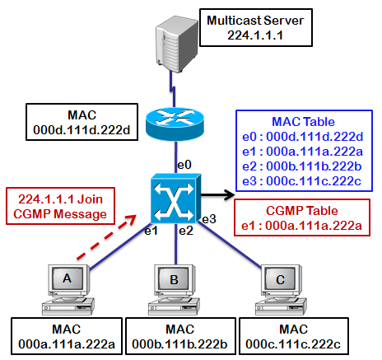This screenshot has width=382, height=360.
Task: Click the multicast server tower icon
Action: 177,44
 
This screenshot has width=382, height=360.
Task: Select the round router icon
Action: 175,123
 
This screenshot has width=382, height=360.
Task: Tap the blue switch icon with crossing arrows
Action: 176,198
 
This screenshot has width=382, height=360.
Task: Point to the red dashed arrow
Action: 106,236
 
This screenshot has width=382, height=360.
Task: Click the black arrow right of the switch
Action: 218,195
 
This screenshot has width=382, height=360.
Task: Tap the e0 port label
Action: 184,165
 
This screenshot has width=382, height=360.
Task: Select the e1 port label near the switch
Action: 151,231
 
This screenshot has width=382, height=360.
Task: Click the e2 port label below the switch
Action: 186,231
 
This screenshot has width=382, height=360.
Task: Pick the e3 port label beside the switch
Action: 209,219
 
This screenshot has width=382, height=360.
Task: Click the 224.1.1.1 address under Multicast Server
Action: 255,35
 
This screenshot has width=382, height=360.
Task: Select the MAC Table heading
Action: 303,122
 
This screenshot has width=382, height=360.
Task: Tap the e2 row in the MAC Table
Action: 302,166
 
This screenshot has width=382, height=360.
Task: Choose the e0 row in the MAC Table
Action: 303,137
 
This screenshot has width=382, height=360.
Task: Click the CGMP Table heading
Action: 302,211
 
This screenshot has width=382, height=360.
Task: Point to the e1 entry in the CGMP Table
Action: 301,226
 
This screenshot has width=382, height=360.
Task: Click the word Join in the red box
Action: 90,199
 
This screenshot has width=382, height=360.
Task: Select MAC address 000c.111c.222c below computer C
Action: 293,344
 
